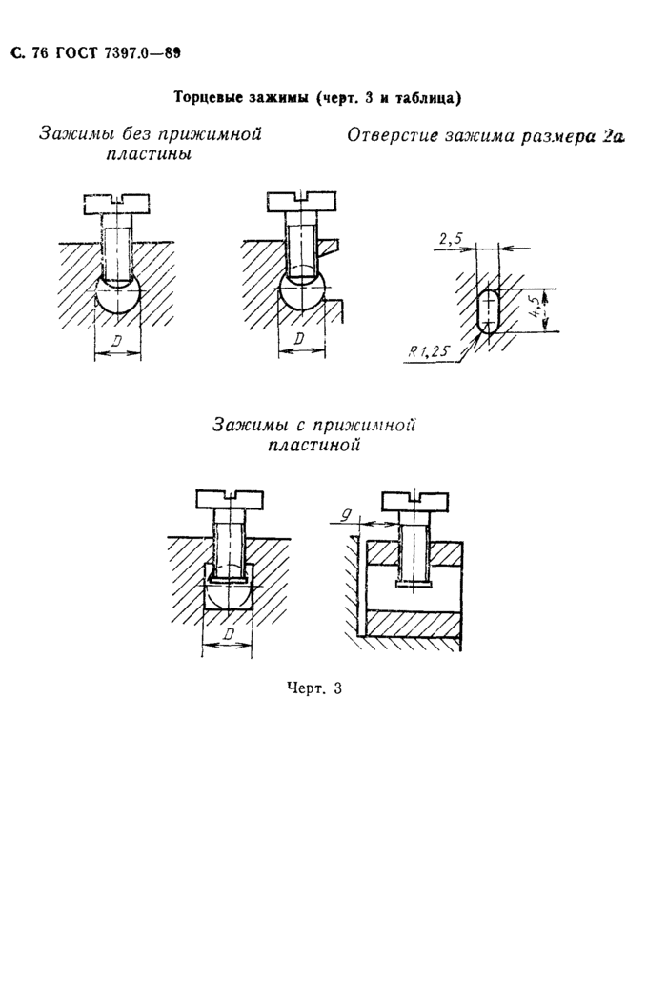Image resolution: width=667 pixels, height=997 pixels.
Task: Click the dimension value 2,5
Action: (452, 240)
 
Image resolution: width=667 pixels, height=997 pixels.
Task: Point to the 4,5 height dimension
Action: (539, 309)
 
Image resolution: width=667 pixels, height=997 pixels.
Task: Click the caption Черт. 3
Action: (313, 688)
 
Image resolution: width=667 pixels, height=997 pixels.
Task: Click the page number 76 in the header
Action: (39, 53)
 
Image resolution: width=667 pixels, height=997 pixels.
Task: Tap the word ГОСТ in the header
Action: (75, 53)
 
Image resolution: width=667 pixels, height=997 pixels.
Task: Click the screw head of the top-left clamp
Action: (116, 204)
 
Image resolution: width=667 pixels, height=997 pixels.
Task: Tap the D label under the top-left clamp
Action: (116, 342)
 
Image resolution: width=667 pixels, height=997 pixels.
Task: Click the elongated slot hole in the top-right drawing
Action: (488, 309)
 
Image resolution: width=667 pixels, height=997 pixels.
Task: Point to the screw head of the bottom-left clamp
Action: (230, 499)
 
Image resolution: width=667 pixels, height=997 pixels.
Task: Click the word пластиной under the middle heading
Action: (314, 445)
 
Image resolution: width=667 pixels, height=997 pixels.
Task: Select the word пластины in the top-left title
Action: (149, 154)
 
